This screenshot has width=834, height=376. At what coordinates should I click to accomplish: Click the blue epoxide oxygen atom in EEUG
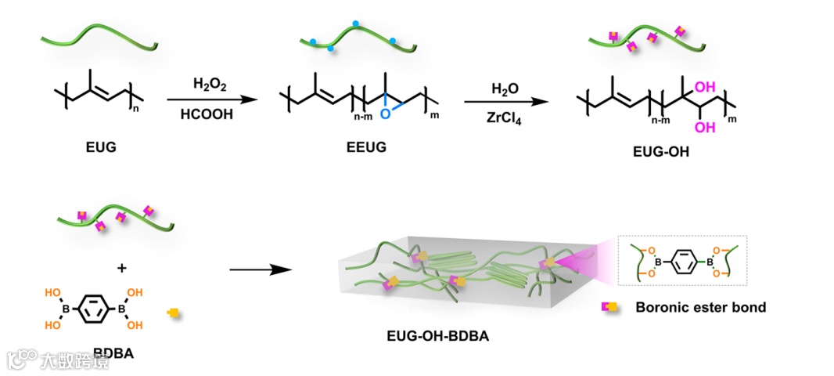pos(383,114)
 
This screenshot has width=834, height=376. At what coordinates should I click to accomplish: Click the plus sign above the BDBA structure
pos(121,268)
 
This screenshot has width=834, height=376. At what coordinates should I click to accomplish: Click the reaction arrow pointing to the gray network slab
pos(260,271)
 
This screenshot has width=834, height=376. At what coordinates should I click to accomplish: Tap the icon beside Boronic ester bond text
pos(607,307)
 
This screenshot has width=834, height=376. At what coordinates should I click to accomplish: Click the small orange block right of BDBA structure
pos(173,313)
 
